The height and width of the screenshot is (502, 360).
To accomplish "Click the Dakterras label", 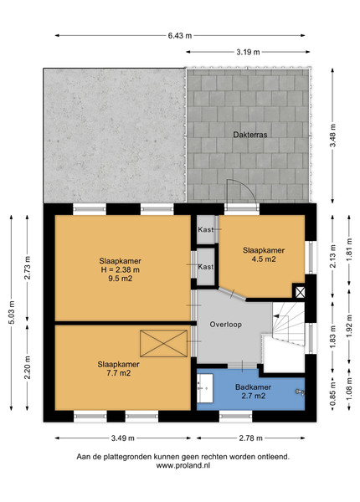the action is (x=249, y=135).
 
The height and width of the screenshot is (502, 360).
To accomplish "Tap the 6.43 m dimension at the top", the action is (x=180, y=35).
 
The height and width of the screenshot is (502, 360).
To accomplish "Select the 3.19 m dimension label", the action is (x=248, y=52).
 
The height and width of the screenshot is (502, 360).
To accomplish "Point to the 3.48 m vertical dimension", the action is (x=332, y=136).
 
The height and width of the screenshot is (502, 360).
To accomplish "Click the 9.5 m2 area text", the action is (x=120, y=279).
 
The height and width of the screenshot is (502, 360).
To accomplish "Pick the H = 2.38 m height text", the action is (x=120, y=269).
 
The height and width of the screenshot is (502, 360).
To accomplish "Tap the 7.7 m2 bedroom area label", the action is (x=119, y=372).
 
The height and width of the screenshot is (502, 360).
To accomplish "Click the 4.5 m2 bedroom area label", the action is (x=263, y=259).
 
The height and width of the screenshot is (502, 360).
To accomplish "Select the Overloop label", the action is (x=225, y=325).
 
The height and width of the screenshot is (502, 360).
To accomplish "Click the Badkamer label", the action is (x=253, y=387).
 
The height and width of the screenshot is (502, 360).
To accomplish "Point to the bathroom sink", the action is (x=204, y=387).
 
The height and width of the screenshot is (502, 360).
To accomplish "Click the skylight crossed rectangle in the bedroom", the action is (x=163, y=344).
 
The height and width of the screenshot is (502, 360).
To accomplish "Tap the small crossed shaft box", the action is (x=300, y=292).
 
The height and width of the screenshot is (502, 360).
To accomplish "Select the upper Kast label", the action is (x=205, y=229).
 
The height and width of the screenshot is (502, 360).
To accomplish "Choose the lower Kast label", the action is (x=205, y=267).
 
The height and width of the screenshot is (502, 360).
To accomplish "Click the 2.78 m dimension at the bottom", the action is (x=250, y=438).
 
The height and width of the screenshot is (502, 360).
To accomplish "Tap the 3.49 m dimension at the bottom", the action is (x=123, y=438).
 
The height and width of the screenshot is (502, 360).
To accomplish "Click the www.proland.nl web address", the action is (x=183, y=465).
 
